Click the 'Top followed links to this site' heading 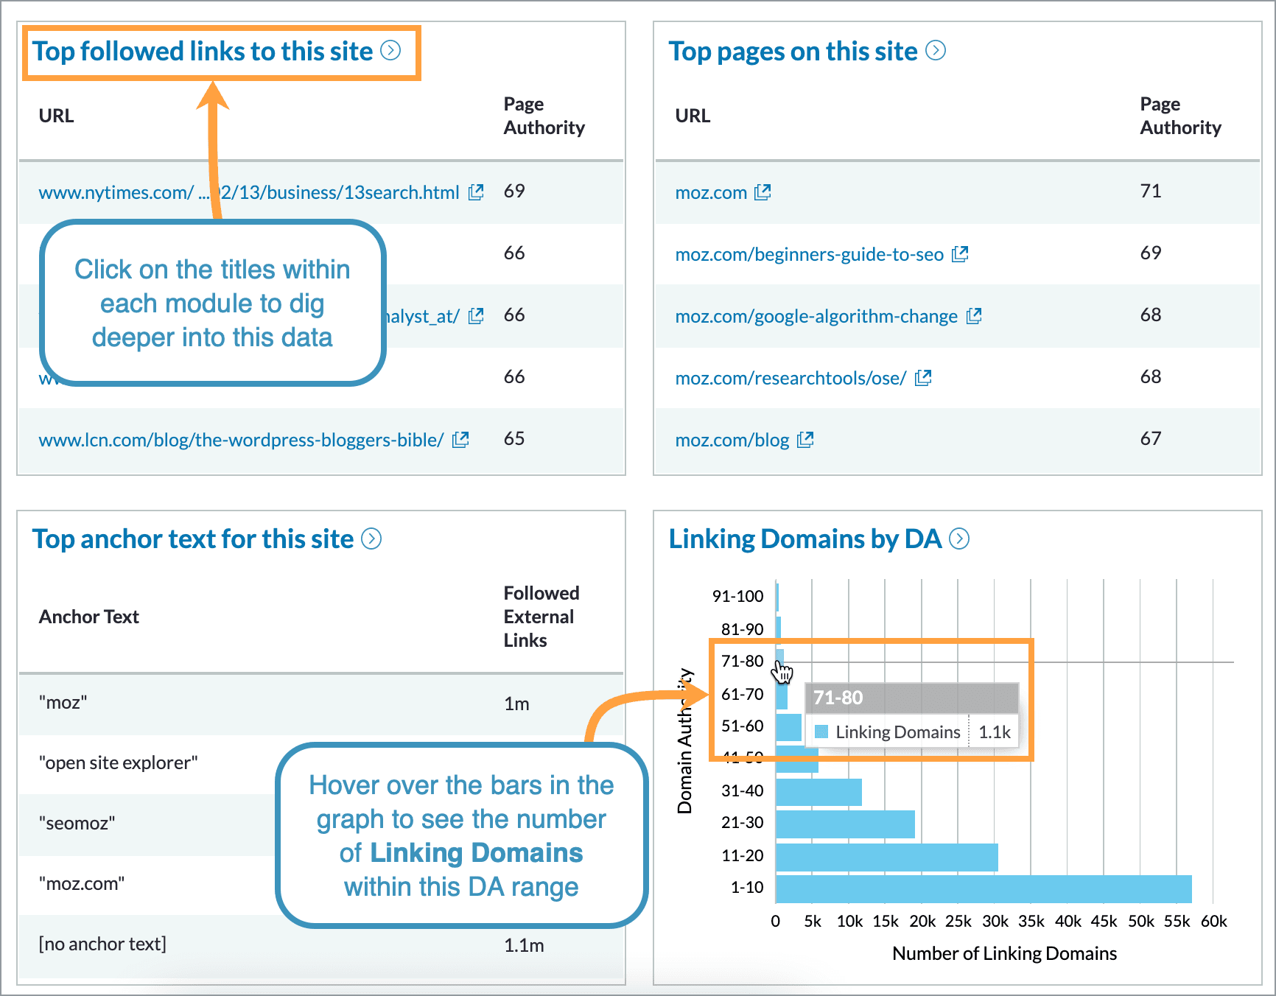(203, 52)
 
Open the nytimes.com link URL (248, 193)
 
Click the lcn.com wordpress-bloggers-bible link (241, 441)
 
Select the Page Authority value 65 (514, 439)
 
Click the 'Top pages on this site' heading (793, 52)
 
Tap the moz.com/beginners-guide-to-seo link (809, 255)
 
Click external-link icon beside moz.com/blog (805, 440)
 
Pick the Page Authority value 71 (1150, 192)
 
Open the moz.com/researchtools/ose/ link (791, 379)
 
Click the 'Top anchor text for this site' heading (193, 539)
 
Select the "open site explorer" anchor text (118, 763)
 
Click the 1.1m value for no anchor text (524, 945)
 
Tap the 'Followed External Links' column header (541, 617)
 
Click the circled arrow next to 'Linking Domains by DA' (959, 539)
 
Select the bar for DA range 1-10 (983, 888)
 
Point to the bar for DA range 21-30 (845, 824)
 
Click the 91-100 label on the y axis (737, 597)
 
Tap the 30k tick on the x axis (995, 922)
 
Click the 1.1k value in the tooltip (994, 732)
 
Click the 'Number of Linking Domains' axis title (1004, 954)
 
